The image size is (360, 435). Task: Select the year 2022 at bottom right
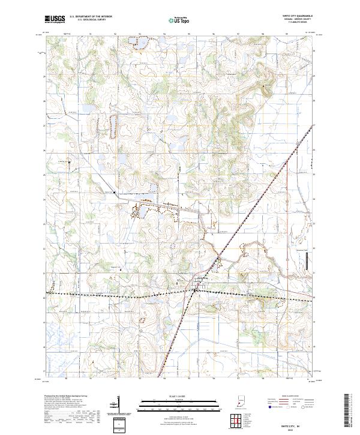click(295, 428)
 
